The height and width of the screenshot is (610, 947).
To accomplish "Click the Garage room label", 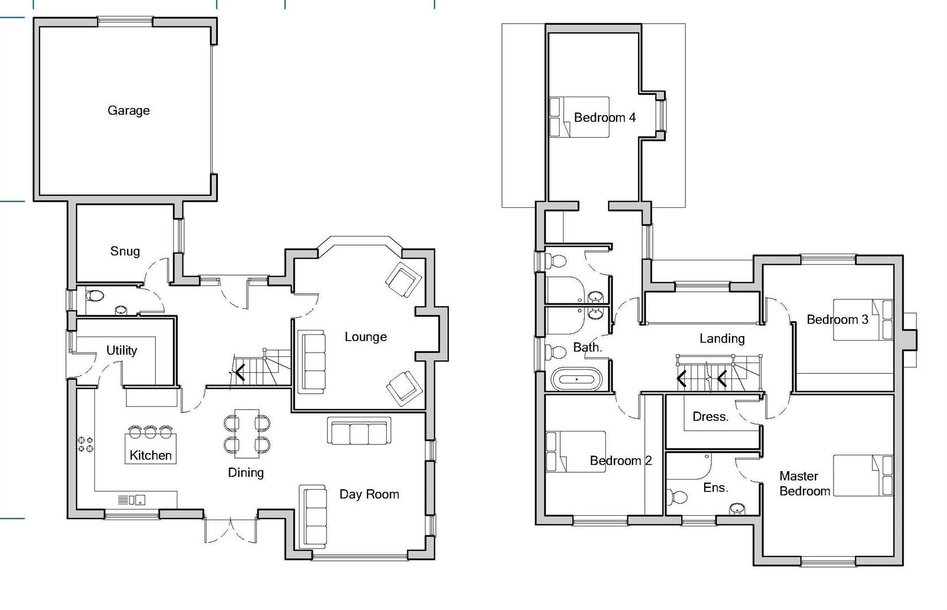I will pyautogui.click(x=129, y=110).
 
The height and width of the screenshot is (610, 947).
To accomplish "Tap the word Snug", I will pyautogui.click(x=125, y=251).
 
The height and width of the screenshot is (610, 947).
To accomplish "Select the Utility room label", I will pyautogui.click(x=121, y=350).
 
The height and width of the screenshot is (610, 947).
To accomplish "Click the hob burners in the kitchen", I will pyautogui.click(x=86, y=444).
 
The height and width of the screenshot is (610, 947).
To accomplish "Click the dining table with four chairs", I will pyautogui.click(x=247, y=433).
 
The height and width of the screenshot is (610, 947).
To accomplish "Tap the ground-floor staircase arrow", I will pyautogui.click(x=241, y=372).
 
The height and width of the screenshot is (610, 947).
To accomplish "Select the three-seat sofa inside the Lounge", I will pyautogui.click(x=312, y=361).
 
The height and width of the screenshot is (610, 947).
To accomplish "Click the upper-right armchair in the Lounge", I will pyautogui.click(x=404, y=280).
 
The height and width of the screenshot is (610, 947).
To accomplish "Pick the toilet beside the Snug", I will pyautogui.click(x=95, y=295).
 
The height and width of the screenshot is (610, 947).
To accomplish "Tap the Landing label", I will pyautogui.click(x=722, y=338).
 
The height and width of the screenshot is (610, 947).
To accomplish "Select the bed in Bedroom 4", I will pyautogui.click(x=579, y=117).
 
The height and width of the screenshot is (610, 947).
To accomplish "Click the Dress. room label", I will pyautogui.click(x=710, y=417).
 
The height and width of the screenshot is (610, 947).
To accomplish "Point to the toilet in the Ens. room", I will pyautogui.click(x=677, y=497).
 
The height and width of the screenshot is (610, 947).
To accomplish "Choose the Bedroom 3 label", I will pyautogui.click(x=837, y=320).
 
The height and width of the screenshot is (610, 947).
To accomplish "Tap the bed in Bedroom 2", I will pyautogui.click(x=575, y=452).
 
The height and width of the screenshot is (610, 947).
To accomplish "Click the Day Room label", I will pyautogui.click(x=369, y=494).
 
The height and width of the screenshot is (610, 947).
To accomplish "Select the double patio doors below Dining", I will pyautogui.click(x=231, y=530).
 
